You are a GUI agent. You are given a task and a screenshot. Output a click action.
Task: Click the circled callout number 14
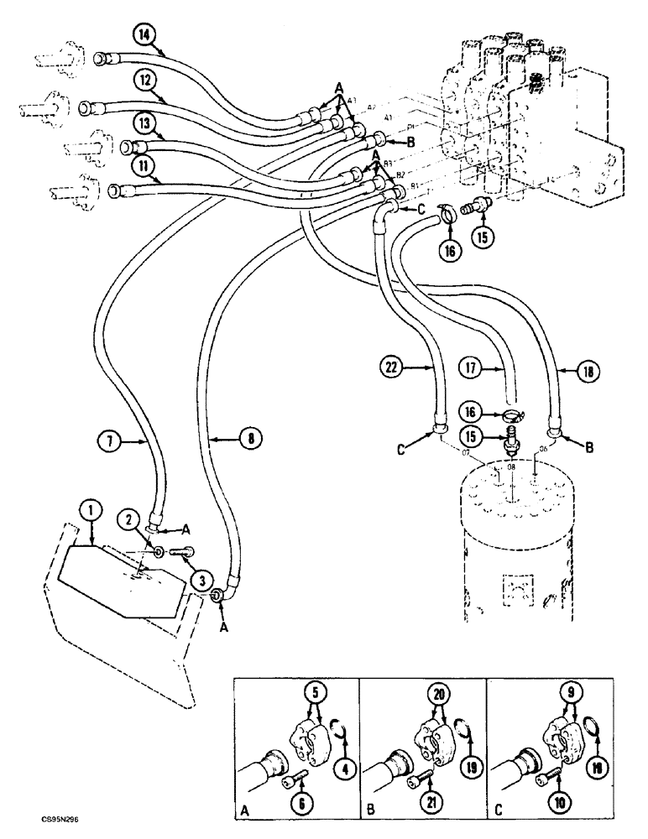point(145,35)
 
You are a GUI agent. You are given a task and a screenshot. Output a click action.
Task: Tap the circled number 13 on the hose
point(145,125)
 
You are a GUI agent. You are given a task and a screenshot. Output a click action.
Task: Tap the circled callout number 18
point(584,366)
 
